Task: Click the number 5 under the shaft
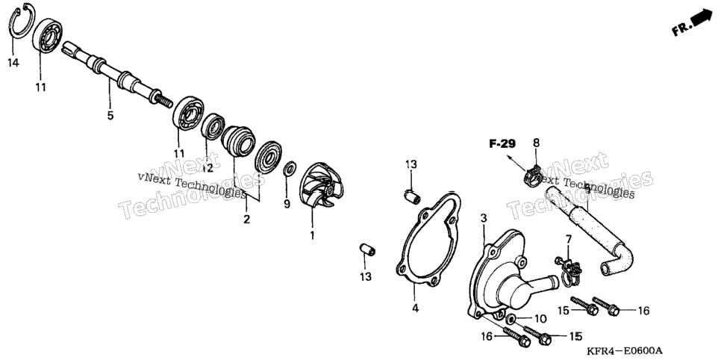pyautogui.click(x=110, y=115)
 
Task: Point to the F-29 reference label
pyautogui.click(x=502, y=145)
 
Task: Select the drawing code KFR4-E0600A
pyautogui.click(x=626, y=351)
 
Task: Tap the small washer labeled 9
pyautogui.click(x=290, y=169)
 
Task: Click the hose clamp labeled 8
pyautogui.click(x=534, y=176)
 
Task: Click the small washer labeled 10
pyautogui.click(x=511, y=319)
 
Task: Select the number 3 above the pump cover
pyautogui.click(x=483, y=218)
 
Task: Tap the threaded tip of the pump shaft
pyautogui.click(x=163, y=100)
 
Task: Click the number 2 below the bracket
pyautogui.click(x=247, y=219)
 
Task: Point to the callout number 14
pyautogui.click(x=13, y=63)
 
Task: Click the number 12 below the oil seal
pyautogui.click(x=207, y=169)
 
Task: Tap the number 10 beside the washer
pyautogui.click(x=540, y=318)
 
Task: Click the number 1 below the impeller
pyautogui.click(x=312, y=236)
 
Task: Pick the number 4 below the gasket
pyautogui.click(x=416, y=308)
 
